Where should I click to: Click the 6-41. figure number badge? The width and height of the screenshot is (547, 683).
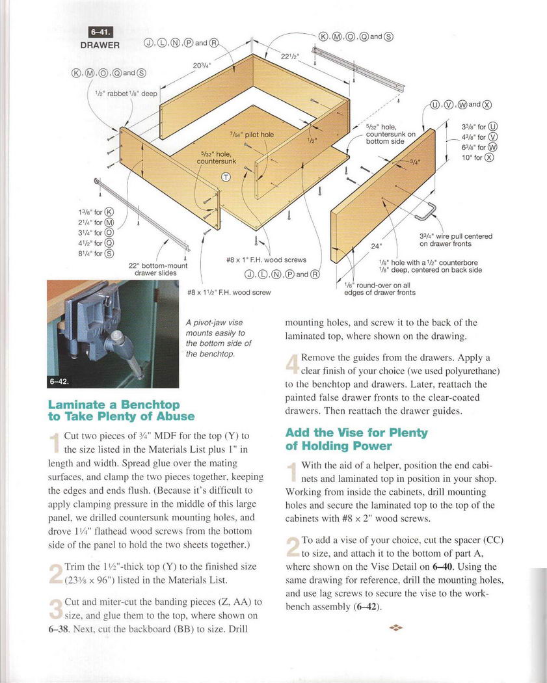[x=100, y=33]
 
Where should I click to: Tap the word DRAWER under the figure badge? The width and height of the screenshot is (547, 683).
[x=100, y=45]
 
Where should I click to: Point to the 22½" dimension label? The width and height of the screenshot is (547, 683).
[x=288, y=57]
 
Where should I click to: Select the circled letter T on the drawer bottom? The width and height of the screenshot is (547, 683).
[x=226, y=176]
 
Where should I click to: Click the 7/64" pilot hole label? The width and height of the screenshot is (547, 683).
[x=252, y=135]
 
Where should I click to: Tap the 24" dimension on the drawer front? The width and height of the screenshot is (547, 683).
[x=377, y=246]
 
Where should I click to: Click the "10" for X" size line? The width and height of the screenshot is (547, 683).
[x=478, y=157]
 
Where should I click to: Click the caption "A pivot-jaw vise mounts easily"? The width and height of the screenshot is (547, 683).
[x=219, y=338]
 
